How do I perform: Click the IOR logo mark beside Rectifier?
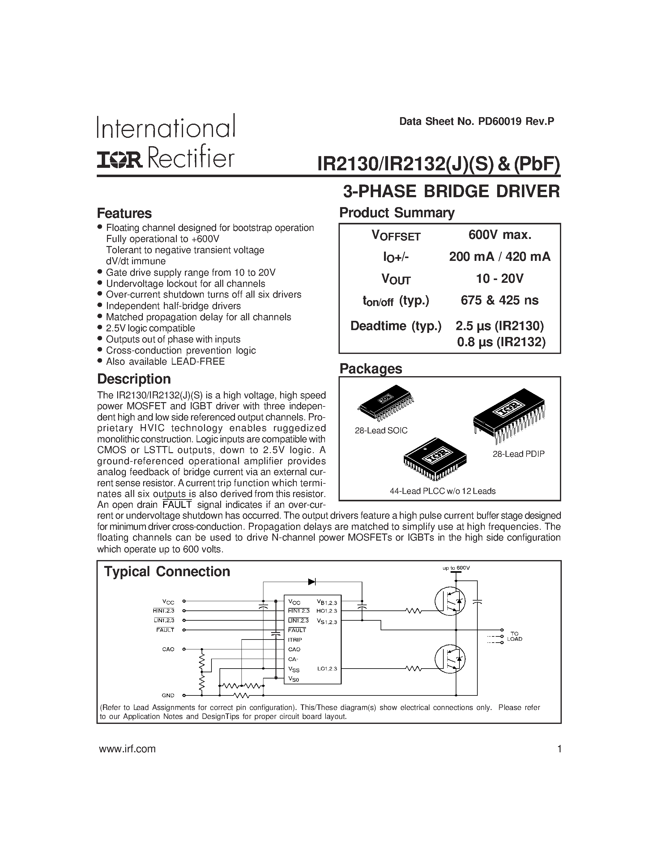120,159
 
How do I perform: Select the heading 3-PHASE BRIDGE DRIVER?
451,192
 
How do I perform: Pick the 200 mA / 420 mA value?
500,257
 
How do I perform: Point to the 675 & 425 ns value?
500,300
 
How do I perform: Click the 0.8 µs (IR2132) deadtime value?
501,342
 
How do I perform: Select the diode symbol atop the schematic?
312,582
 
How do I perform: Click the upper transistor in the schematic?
451,601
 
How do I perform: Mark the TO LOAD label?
514,636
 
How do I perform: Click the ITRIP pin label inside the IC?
295,640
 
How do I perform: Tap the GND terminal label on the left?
168,695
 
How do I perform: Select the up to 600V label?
456,568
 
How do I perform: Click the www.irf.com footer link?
127,749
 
